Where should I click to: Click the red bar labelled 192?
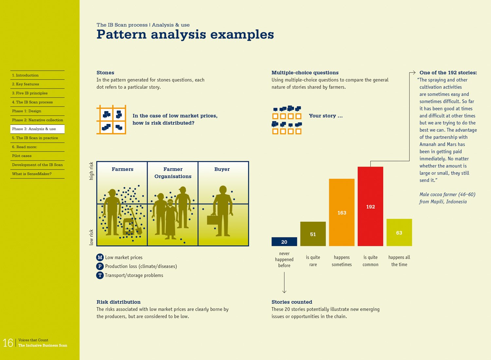[x=370, y=206]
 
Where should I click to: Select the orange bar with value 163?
[x=341, y=212]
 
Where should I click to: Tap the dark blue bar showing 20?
[x=284, y=241]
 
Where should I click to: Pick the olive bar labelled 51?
[x=313, y=234]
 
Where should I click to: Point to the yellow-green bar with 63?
[x=399, y=232]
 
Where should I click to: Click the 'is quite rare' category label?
[x=313, y=261]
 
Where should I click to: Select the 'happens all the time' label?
[x=399, y=261]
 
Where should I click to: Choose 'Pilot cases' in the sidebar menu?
[x=22, y=156]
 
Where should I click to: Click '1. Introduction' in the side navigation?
[x=25, y=75]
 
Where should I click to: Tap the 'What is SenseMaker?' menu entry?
[x=32, y=174]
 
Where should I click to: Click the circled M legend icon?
[x=100, y=257]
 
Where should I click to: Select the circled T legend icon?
[x=100, y=275]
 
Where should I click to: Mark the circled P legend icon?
[x=100, y=266]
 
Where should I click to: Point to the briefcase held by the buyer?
[x=213, y=220]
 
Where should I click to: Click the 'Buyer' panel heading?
[x=222, y=169]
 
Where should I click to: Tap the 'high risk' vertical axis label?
[x=91, y=171]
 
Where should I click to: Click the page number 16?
[x=8, y=343]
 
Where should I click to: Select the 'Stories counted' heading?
[x=292, y=302]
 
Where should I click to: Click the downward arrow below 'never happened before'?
[x=284, y=283]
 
